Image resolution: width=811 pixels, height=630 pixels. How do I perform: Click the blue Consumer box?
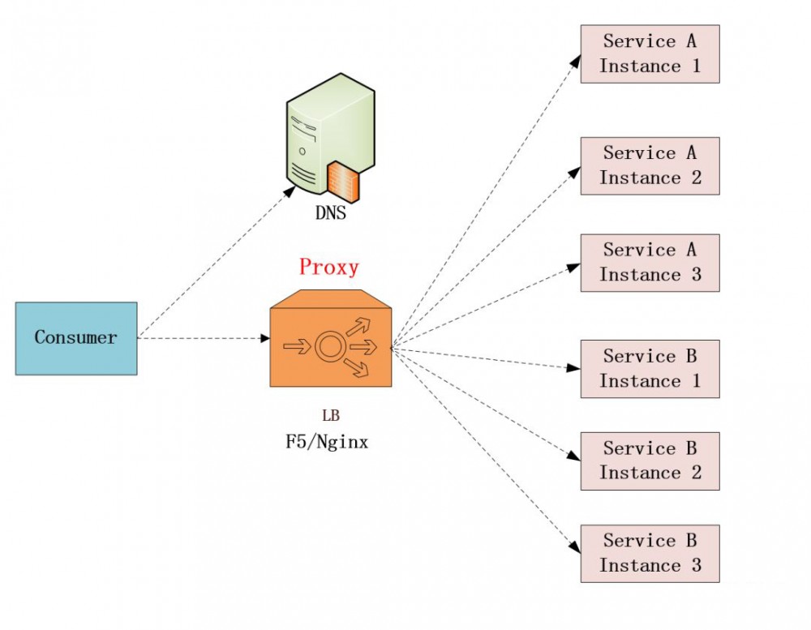(x=76, y=338)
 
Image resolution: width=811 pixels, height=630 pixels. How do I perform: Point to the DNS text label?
(x=331, y=214)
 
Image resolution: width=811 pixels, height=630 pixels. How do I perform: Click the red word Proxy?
(x=328, y=267)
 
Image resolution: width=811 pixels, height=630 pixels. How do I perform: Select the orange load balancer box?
(x=330, y=344)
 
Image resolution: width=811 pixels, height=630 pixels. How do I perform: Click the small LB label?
(x=331, y=417)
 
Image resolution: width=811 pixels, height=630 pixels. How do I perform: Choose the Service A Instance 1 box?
(x=650, y=54)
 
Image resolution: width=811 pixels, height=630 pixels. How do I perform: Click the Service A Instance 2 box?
(x=650, y=165)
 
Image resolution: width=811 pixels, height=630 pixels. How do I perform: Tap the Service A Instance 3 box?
(x=650, y=263)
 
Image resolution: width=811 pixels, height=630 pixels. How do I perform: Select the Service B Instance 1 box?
(x=650, y=369)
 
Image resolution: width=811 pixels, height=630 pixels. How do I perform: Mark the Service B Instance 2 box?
(x=650, y=461)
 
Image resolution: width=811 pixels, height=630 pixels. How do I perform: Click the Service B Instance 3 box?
(x=650, y=553)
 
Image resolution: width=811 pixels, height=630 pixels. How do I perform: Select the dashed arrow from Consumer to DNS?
(x=215, y=261)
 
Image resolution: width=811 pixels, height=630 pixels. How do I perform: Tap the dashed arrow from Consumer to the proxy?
(x=203, y=337)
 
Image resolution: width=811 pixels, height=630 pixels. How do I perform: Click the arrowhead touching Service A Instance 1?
(x=575, y=59)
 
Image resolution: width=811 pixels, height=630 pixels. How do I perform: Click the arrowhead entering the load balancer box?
(x=264, y=337)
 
